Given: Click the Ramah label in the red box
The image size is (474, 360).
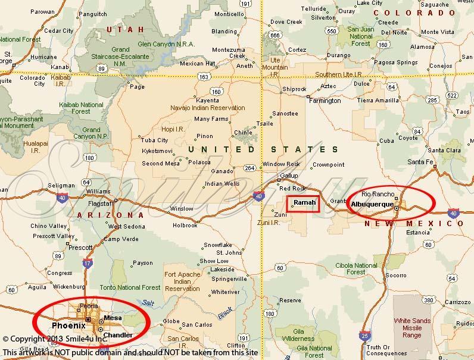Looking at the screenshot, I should (x=304, y=204).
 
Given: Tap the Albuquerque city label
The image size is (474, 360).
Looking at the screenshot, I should (x=372, y=205).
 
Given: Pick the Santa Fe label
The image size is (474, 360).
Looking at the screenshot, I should (x=420, y=162).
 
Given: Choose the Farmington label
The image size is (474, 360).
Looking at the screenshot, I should (x=325, y=101).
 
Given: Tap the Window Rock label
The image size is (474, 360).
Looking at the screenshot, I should (x=277, y=164).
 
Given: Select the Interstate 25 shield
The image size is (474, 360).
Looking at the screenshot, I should (x=364, y=336).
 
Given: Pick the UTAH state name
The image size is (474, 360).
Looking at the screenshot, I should (x=125, y=29).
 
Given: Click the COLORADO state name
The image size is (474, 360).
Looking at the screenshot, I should (x=417, y=12).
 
